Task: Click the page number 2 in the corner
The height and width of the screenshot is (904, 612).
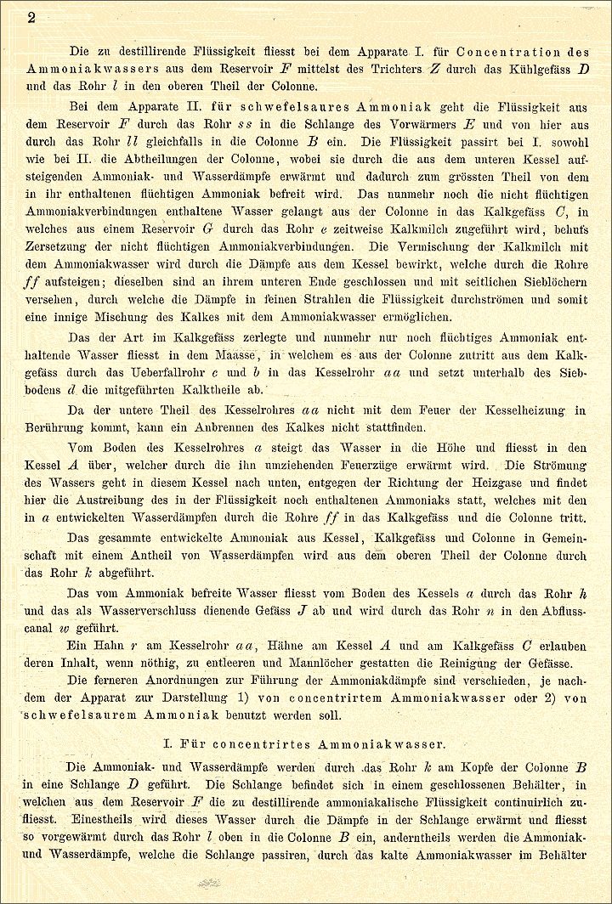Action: coord(31,18)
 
